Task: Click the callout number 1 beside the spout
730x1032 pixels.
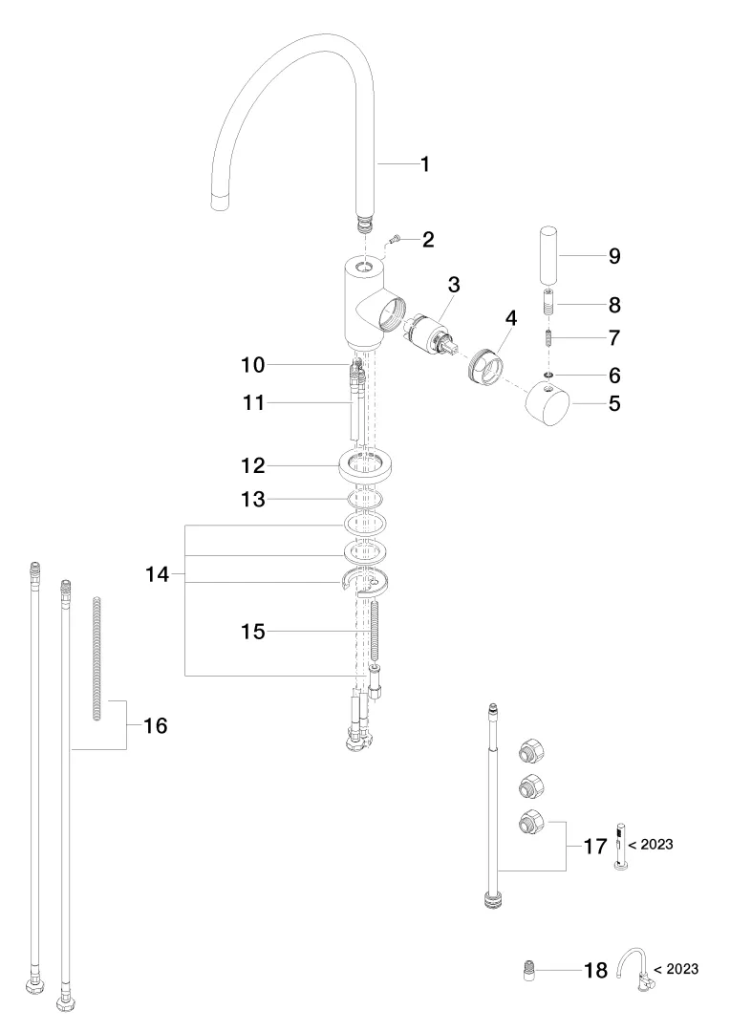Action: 424,164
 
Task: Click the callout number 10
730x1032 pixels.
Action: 252,365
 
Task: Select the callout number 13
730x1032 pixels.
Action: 252,499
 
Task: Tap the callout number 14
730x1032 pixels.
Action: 157,575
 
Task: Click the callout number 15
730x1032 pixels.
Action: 252,631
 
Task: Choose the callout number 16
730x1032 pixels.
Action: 155,726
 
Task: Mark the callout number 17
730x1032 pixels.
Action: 595,847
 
